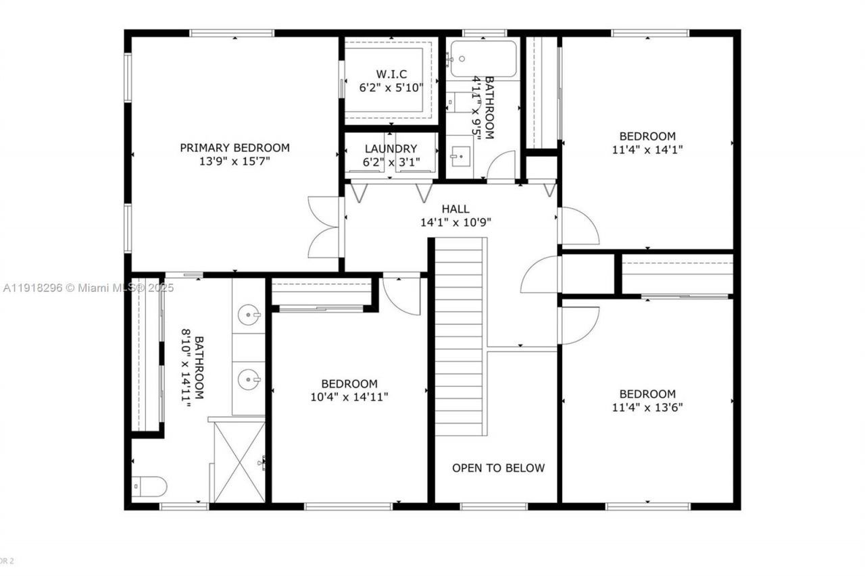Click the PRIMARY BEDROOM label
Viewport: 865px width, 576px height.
pos(234,147)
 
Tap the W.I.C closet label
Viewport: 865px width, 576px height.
pos(391,74)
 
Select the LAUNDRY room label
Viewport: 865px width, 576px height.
pos(391,149)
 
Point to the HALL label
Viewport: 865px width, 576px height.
pos(455,209)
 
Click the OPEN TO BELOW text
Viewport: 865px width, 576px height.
pos(498,468)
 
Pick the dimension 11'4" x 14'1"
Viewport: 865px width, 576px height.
pos(647,150)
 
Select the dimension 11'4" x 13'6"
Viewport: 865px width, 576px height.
pos(647,408)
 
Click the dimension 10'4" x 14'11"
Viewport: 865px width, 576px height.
pos(349,397)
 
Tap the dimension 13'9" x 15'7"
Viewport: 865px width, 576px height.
pos(234,162)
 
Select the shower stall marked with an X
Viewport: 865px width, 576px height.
pos(239,462)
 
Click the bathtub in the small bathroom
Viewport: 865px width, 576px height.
pos(483,59)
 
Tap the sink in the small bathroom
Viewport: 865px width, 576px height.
pos(460,155)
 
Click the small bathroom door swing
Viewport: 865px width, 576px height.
pos(502,167)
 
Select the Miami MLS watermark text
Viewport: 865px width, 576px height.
pos(88,288)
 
